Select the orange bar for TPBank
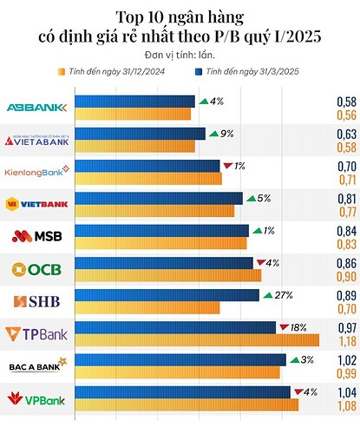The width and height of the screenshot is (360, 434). (x=198, y=340)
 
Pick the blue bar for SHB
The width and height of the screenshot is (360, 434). (x=167, y=295)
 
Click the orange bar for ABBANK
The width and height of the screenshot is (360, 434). (x=133, y=114)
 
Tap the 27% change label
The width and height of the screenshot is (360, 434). (x=283, y=295)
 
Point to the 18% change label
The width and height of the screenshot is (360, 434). (x=299, y=327)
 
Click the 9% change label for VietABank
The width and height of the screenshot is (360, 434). (x=228, y=133)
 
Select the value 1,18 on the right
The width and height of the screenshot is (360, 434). (x=345, y=340)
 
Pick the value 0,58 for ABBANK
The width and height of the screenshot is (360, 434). (x=345, y=102)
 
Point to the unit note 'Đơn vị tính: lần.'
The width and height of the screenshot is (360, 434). (x=180, y=56)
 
